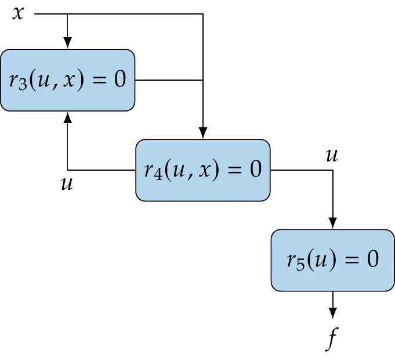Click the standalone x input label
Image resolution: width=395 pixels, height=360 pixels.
(19, 13)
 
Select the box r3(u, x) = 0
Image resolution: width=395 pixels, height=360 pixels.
(67, 80)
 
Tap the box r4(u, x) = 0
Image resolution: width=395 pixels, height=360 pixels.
(202, 170)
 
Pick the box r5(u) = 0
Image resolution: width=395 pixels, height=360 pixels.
(332, 260)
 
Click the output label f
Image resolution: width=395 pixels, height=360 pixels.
(332, 340)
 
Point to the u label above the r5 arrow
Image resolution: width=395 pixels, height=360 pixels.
(332, 155)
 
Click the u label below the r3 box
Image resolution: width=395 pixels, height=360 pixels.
(67, 184)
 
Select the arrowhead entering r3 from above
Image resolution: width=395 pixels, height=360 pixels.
(68, 44)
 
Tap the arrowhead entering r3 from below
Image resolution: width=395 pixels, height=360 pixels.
(68, 117)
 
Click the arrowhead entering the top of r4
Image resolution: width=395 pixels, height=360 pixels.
(202, 133)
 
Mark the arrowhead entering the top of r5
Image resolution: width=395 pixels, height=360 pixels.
(332, 223)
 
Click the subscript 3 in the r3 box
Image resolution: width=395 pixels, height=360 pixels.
(21, 85)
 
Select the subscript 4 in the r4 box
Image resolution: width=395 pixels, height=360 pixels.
(156, 175)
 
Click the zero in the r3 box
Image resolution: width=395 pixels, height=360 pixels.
(119, 80)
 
